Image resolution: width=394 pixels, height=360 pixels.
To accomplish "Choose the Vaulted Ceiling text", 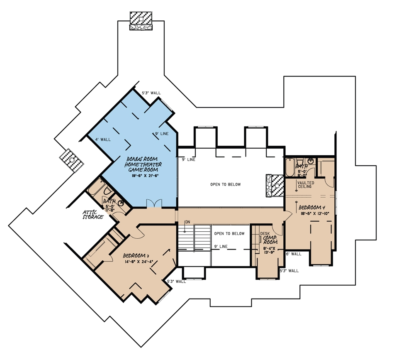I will click(306, 185).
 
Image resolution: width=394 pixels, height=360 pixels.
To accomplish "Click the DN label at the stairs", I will click(188, 222).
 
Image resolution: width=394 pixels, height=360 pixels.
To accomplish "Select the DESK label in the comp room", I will click(265, 233).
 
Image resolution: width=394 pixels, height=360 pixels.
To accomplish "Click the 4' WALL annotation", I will click(103, 140).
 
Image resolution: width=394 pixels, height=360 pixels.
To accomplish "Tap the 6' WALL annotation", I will click(294, 254).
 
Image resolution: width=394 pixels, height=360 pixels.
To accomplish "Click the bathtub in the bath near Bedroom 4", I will click(289, 167).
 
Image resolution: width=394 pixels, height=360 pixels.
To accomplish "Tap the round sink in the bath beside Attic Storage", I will click(121, 203).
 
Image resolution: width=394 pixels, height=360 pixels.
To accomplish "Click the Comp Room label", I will click(270, 240).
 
